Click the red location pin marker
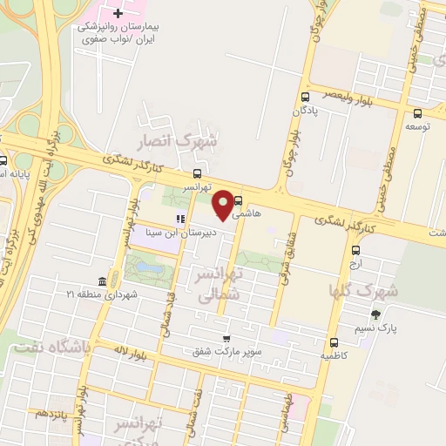(x=223, y=204)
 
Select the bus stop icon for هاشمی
(x=239, y=200)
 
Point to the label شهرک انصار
(x=184, y=139)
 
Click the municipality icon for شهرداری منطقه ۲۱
(x=102, y=280)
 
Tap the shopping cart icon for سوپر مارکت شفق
(x=226, y=339)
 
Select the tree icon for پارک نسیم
(x=375, y=314)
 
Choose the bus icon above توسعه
(x=417, y=113)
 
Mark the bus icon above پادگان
(x=304, y=98)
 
